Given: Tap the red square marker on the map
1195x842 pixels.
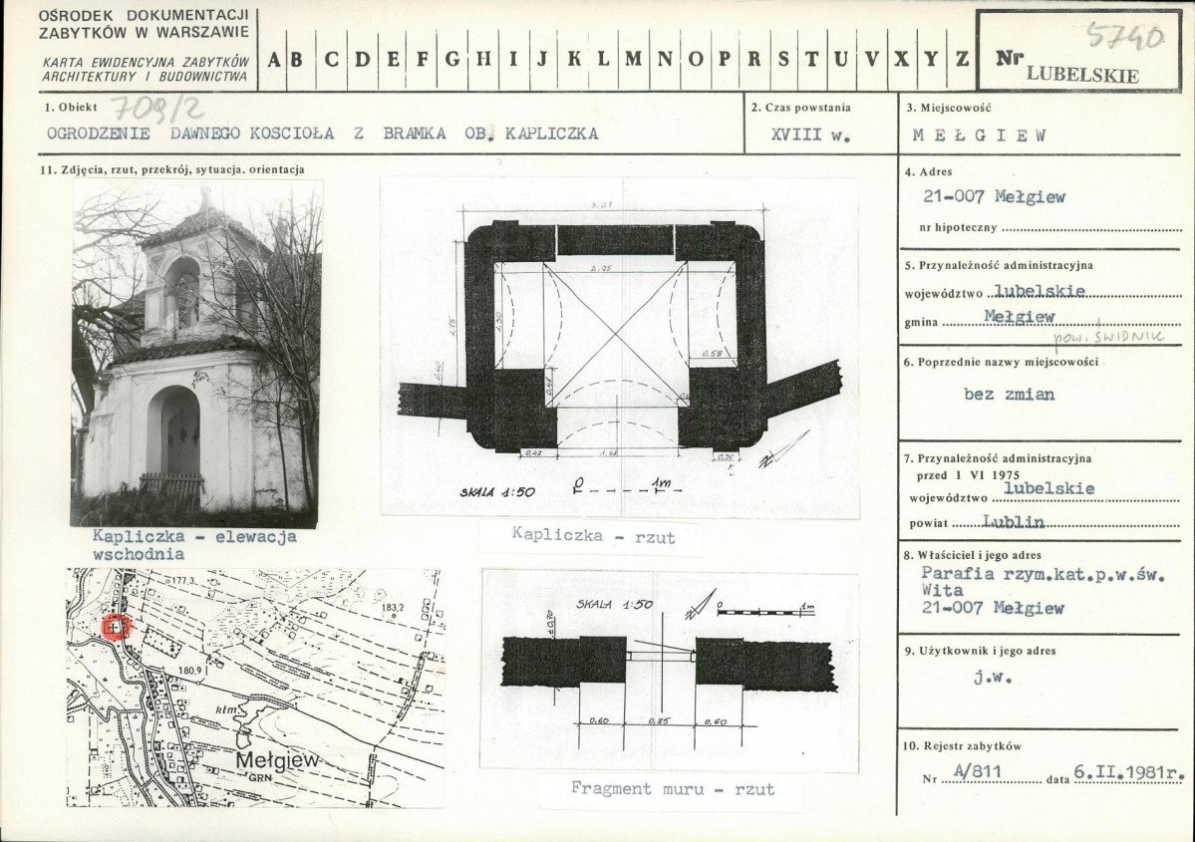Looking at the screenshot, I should pyautogui.click(x=116, y=626).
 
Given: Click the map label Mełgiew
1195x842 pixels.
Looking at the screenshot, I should pyautogui.click(x=276, y=760).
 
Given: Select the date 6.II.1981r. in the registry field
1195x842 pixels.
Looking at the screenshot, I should pyautogui.click(x=1128, y=771).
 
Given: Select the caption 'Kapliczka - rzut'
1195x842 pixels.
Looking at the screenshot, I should pyautogui.click(x=593, y=536).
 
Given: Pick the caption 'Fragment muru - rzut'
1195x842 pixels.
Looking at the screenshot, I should pyautogui.click(x=672, y=788).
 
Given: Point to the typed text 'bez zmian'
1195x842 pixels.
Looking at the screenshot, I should pyautogui.click(x=1009, y=393).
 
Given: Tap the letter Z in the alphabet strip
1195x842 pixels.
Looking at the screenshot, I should pyautogui.click(x=962, y=58).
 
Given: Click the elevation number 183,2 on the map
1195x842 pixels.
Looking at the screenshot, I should pyautogui.click(x=391, y=606).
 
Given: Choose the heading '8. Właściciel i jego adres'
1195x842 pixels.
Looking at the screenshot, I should pyautogui.click(x=973, y=555).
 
